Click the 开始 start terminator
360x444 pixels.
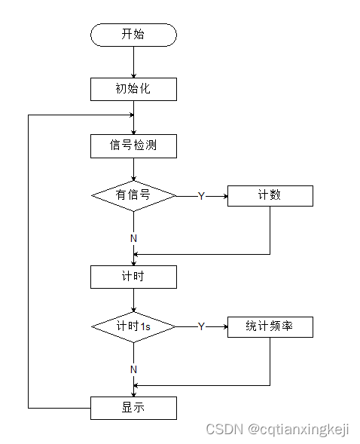tap(133, 35)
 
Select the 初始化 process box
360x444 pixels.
tap(133, 90)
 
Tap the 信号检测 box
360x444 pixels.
tap(133, 145)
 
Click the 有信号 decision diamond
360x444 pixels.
tap(133, 196)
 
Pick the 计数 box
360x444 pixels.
tap(270, 195)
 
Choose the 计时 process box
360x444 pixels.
tap(133, 277)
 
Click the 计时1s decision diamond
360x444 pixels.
tap(133, 326)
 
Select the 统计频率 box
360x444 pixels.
tap(270, 326)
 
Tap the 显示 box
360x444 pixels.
tap(133, 408)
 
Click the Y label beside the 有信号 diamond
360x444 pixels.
tap(201, 196)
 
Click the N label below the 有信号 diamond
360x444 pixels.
tap(133, 238)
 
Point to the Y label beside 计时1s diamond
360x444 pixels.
tap(201, 326)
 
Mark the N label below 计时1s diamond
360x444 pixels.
tap(133, 369)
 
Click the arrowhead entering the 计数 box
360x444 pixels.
tap(224, 196)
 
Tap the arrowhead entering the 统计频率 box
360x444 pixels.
tap(224, 326)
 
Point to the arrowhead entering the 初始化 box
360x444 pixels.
tap(133, 75)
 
